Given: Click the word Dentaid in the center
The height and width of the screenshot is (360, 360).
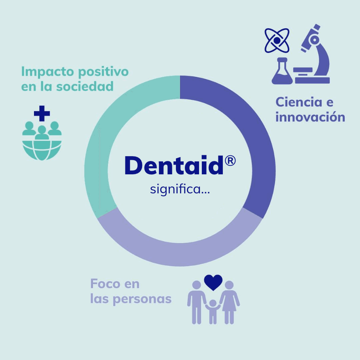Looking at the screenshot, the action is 174,165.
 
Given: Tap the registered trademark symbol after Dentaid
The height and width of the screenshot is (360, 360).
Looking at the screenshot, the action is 230,161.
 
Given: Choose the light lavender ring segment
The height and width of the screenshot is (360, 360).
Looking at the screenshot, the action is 180,254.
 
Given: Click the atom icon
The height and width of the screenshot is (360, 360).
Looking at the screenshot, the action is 277,40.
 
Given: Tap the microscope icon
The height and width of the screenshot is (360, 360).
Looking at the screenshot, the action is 312,54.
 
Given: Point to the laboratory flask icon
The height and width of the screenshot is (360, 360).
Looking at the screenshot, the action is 282,71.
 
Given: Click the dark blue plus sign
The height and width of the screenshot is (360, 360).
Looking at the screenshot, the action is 42,113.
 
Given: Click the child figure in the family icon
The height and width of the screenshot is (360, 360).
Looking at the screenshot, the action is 213,312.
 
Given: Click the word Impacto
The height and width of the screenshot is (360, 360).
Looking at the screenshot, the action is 47,72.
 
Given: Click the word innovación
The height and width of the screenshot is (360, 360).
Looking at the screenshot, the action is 310,116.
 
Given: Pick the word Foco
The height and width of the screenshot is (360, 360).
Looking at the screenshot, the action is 105,284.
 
